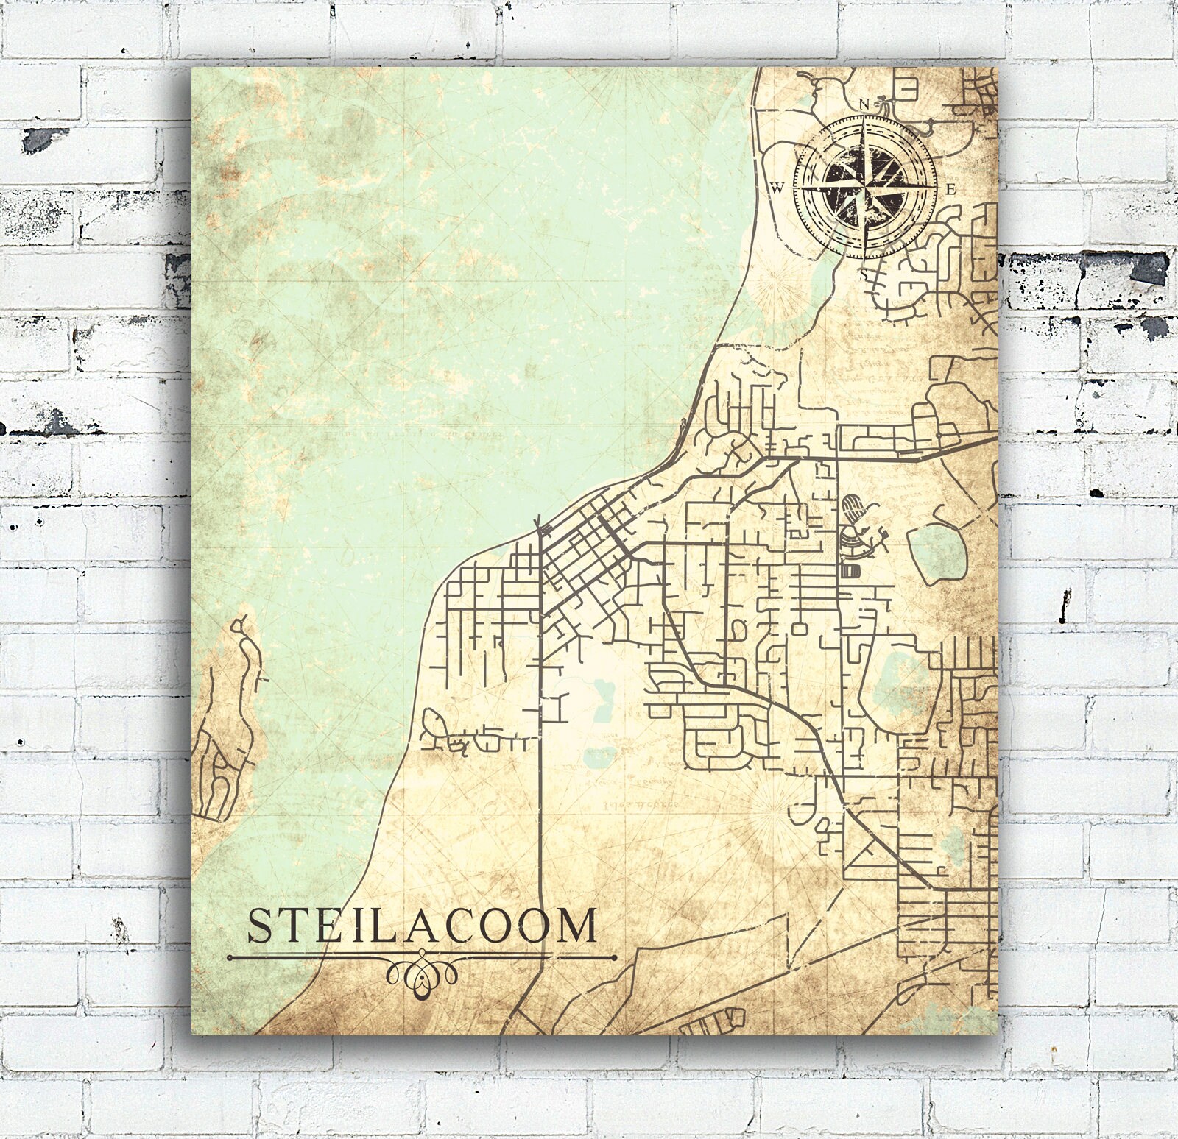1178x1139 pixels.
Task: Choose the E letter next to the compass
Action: [x=950, y=189]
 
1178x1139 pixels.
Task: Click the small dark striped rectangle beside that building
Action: [x=849, y=570]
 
